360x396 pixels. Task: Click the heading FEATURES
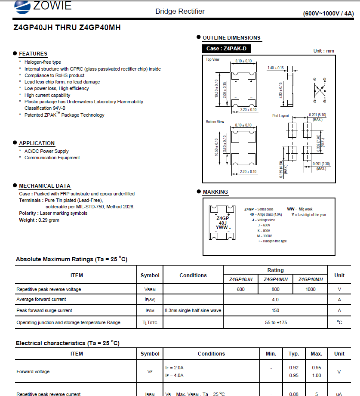[33, 54]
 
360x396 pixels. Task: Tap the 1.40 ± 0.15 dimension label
[276, 68]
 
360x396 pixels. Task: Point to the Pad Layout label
[280, 116]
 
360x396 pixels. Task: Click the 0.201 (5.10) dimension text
[317, 115]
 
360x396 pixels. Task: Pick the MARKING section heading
[215, 192]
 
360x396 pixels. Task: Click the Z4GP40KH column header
[275, 279]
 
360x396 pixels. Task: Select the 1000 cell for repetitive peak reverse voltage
[310, 289]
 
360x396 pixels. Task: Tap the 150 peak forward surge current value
[275, 310]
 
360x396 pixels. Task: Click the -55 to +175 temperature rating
[275, 322]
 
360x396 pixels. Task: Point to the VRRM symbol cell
[150, 289]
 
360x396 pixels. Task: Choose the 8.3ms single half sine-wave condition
[193, 310]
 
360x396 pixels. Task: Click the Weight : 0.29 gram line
[39, 220]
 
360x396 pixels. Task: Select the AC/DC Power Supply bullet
[46, 151]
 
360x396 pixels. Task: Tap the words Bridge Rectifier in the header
[180, 11]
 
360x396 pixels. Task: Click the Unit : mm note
[323, 51]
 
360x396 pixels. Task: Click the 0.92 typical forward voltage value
[294, 368]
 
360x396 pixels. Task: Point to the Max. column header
[316, 353]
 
